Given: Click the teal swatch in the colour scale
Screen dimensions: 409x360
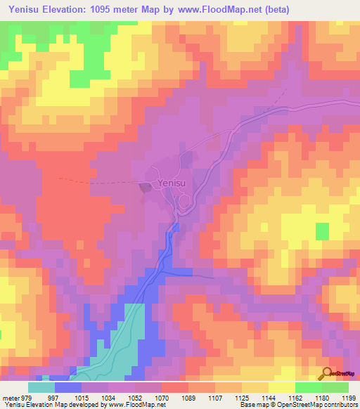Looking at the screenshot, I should pyautogui.click(x=41, y=387).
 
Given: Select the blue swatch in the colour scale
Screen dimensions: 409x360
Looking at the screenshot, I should pyautogui.click(x=68, y=387).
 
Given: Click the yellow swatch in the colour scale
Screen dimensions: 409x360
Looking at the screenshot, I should pyautogui.click(x=282, y=387).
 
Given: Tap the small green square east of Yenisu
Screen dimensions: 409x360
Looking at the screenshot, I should pyautogui.click(x=322, y=231).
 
